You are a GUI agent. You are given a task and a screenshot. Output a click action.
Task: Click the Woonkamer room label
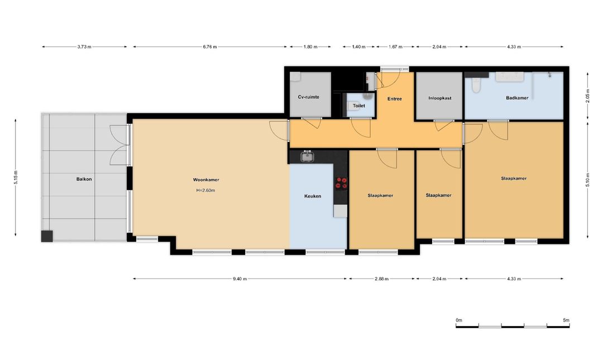pos(206,180)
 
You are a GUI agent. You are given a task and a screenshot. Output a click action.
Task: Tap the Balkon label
pos(84,179)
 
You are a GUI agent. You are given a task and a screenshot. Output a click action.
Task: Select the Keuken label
pos(313,196)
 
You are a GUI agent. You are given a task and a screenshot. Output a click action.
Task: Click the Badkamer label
pos(517,98)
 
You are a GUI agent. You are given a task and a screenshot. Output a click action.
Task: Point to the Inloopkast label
pos(440,98)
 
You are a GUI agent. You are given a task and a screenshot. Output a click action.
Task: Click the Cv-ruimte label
pos(308,97)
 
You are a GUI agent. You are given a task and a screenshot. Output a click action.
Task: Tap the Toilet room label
pos(359,105)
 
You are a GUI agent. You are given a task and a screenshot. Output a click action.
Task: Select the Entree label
pos(395,99)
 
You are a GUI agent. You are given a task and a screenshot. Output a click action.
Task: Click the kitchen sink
pos(307,156)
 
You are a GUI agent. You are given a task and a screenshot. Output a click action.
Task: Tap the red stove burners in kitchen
pos(341,183)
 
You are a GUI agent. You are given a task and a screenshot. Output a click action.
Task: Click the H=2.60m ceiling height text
pos(205,190)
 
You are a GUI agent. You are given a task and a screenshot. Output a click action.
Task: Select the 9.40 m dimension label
pos(240,279)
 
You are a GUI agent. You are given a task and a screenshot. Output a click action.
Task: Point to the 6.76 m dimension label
pos(209,47)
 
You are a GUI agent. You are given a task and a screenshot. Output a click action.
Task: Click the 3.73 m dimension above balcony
pos(84,47)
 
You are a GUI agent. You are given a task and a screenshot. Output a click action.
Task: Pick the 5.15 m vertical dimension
pos(16,177)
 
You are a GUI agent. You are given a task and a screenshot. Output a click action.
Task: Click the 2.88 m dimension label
pos(381,279)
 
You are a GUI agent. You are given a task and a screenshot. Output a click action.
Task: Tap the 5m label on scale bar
pos(566,320)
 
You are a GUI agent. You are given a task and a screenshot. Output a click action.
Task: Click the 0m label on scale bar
pos(459,320)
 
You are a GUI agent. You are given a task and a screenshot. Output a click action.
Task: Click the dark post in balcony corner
pos(47,236)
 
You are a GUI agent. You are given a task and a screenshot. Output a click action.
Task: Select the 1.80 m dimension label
pos(310,47)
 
